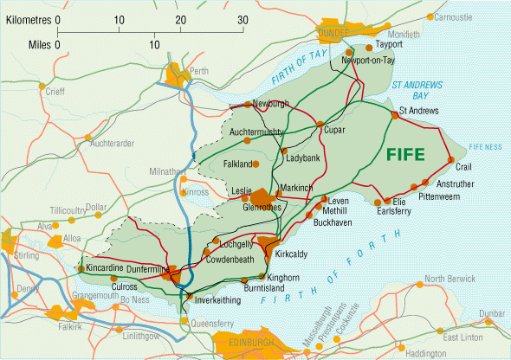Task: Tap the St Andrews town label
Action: click(x=419, y=111)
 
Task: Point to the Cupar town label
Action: click(x=334, y=131)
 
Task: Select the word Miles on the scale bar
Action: click(x=38, y=42)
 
